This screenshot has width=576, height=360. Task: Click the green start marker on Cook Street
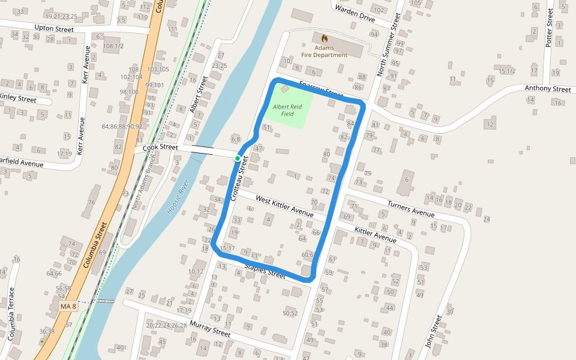pos(238,158)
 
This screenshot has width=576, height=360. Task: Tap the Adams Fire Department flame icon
pos(325,37)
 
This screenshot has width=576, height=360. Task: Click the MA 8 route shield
pos(68,307)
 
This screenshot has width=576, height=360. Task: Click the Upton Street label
pos(54,29)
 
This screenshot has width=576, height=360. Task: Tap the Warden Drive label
pos(355,14)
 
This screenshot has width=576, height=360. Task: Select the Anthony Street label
pos(547,89)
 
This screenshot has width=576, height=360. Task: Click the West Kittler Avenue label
pos(284,206)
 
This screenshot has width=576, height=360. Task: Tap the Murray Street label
pos(210,329)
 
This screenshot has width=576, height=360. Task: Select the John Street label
pos(433,331)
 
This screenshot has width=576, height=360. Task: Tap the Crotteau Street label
pos(238,179)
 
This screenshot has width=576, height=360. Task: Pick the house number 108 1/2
pos(113,46)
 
